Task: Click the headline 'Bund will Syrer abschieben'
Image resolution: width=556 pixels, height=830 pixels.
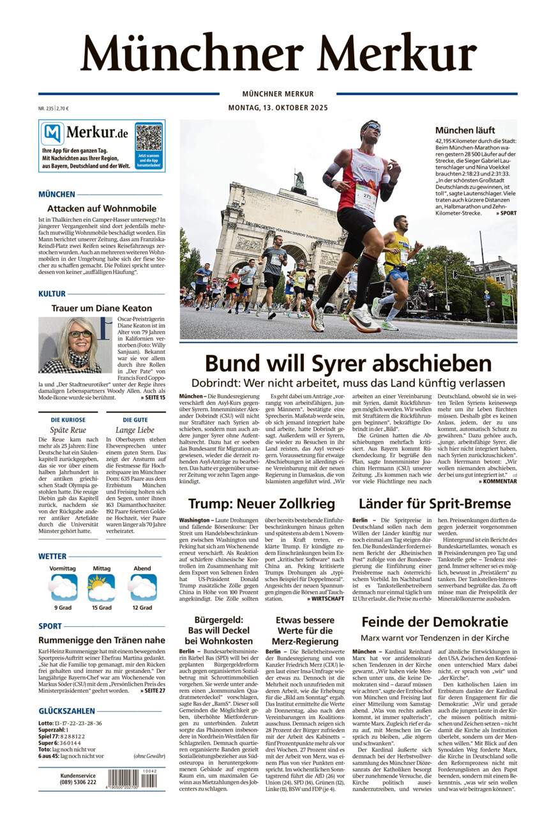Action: [348, 363]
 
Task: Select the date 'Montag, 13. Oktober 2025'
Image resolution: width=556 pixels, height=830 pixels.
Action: [278, 108]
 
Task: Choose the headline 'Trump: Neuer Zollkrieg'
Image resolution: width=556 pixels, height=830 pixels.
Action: [262, 504]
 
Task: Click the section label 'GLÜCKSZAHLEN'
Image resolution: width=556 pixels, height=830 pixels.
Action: [66, 711]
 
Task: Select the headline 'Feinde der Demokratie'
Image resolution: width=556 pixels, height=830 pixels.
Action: [435, 622]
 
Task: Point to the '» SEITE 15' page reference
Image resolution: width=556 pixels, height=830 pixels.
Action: [153, 397]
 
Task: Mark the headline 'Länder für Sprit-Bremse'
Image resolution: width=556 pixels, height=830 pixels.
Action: [434, 504]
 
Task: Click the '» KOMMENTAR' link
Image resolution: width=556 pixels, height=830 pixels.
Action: [497, 481]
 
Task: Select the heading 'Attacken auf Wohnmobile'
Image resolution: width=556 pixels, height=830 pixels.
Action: [101, 208]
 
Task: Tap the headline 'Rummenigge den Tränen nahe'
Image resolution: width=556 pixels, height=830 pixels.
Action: [101, 640]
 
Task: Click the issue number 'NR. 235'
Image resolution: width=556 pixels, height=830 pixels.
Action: [45, 109]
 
